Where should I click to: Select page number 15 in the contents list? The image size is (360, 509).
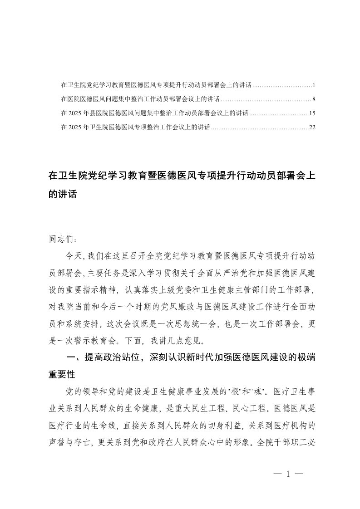[312, 113]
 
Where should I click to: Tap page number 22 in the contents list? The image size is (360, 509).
[312, 127]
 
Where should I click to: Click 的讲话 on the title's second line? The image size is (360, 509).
[63, 195]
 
